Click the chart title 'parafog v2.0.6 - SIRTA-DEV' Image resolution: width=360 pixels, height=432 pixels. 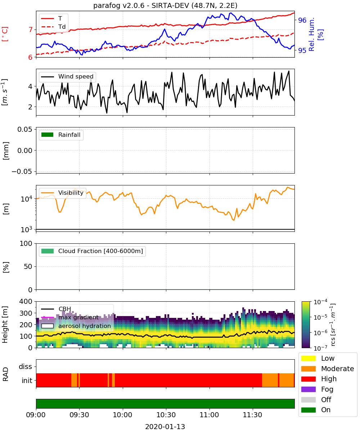point(141,5)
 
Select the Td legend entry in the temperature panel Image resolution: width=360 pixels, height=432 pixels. point(53,27)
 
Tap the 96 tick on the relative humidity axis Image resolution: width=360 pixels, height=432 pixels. point(302,20)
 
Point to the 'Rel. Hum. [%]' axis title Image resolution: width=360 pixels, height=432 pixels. point(316,34)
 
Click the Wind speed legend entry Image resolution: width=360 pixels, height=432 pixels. point(67,77)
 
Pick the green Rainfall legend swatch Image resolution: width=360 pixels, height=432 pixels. point(48,135)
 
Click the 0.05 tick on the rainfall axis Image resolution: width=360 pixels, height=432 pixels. point(25,129)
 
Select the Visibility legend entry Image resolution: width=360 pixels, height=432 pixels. point(62,193)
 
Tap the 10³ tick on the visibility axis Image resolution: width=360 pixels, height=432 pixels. point(27,229)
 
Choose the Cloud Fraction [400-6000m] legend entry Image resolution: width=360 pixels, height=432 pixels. point(92,251)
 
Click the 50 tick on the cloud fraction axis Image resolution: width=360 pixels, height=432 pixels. point(28,266)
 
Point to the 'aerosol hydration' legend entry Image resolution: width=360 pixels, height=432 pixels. point(76,326)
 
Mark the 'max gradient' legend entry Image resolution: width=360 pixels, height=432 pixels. point(70,318)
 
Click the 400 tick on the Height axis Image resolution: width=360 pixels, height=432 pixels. point(26,301)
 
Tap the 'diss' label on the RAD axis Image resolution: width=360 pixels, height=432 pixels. point(25,366)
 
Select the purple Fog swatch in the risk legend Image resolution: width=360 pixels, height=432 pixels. point(308,389)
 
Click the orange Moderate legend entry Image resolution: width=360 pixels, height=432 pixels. point(328,369)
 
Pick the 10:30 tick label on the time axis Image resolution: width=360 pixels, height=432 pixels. point(166,415)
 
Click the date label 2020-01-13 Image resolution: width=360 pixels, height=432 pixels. point(165,427)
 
